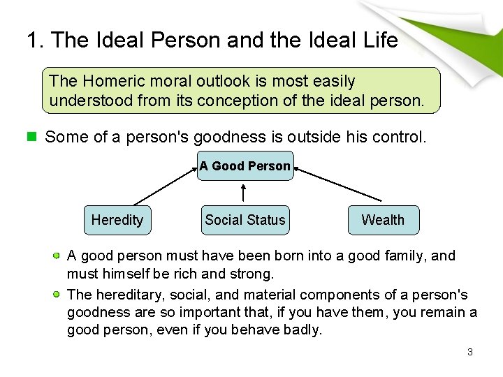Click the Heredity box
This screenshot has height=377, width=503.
click(117, 220)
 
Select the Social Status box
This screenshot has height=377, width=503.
click(245, 220)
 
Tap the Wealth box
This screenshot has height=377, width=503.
click(383, 220)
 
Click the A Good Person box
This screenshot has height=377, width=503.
click(245, 166)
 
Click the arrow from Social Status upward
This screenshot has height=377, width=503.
click(243, 193)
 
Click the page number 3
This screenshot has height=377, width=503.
click(470, 352)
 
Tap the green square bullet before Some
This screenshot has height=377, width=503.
click(31, 137)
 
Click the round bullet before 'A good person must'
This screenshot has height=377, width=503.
click(57, 256)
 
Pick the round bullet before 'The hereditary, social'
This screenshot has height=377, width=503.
click(57, 294)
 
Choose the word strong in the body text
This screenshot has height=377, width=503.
click(251, 273)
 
